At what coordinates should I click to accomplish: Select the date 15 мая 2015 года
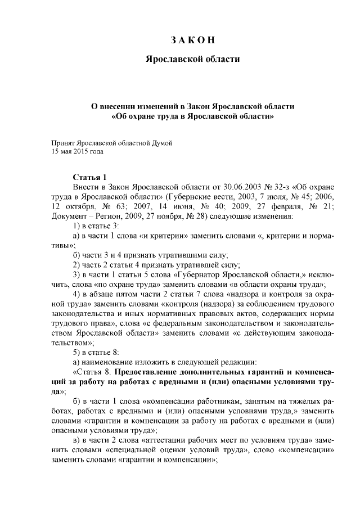tap(76, 151)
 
